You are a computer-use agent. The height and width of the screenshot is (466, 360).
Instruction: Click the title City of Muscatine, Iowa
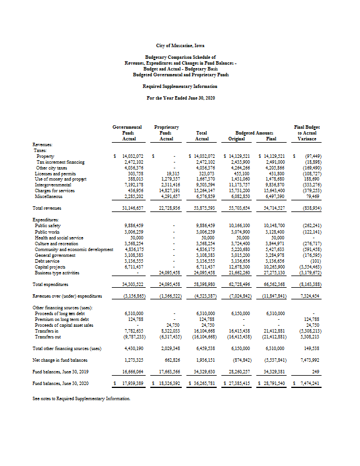(x=180, y=45)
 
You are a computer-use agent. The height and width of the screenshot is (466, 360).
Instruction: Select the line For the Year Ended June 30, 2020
(x=180, y=98)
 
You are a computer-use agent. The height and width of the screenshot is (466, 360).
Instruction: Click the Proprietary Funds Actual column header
(x=166, y=133)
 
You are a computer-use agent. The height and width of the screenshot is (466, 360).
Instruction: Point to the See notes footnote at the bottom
(x=82, y=398)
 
